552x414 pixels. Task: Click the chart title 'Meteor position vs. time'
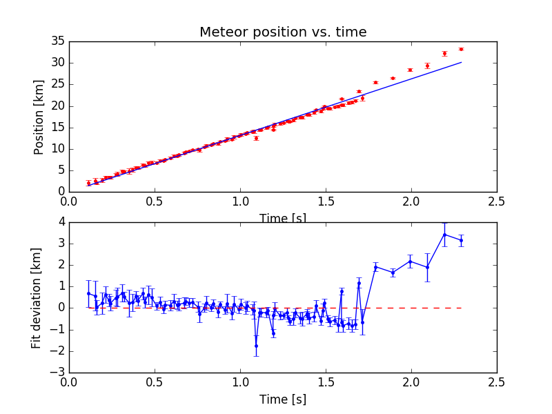(283, 32)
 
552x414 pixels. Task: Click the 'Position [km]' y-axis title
(39, 117)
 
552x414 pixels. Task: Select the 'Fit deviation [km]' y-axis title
(37, 297)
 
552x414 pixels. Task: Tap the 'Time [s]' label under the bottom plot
(283, 400)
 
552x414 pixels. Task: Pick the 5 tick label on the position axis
(60, 170)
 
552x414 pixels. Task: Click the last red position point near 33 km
(461, 49)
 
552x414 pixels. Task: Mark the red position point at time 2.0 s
(410, 70)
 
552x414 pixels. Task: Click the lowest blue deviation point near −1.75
(256, 346)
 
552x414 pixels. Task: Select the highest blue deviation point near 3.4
(444, 235)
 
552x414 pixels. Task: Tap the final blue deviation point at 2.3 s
(461, 240)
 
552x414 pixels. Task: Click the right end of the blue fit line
(461, 62)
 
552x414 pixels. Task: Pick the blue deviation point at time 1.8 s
(375, 266)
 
